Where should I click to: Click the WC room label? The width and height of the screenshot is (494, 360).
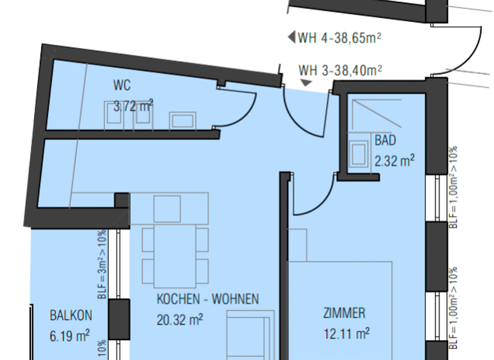[122, 85]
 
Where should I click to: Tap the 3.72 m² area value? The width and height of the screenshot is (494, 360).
[133, 106]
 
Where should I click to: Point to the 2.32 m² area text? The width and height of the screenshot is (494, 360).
[394, 161]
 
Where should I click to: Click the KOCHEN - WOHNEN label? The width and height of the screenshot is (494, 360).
[208, 299]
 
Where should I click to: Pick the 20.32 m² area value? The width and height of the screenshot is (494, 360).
[180, 318]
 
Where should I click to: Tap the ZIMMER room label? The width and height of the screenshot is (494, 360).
[344, 314]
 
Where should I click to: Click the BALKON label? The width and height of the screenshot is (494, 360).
[71, 315]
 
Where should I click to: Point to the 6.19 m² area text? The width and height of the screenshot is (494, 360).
[69, 334]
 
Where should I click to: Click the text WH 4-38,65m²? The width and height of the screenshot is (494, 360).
[340, 38]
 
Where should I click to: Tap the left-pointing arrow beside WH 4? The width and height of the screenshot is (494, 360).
[291, 37]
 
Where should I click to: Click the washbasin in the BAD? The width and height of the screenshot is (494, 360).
[358, 153]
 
